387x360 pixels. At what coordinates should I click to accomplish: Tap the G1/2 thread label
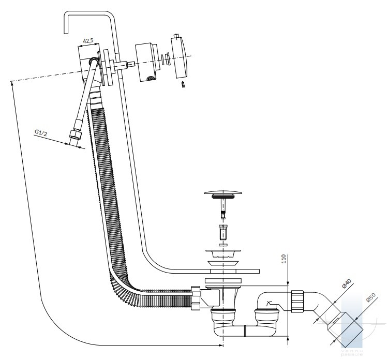click(x=41, y=133)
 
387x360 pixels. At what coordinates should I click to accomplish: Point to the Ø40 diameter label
click(x=346, y=285)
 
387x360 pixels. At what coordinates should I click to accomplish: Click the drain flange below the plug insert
click(x=223, y=253)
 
